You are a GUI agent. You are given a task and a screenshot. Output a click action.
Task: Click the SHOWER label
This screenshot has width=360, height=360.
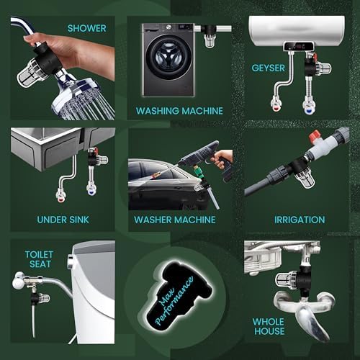(86, 28)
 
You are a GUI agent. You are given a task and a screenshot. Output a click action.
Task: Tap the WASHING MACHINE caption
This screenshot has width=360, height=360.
(179, 111)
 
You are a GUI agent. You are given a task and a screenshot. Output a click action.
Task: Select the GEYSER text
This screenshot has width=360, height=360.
(268, 68)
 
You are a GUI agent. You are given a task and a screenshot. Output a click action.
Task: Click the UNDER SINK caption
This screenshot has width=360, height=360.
(63, 220)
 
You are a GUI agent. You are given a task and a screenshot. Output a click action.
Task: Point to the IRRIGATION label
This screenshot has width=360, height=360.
(300, 220)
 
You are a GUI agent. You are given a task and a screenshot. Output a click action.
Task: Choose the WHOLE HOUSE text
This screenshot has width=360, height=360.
(269, 326)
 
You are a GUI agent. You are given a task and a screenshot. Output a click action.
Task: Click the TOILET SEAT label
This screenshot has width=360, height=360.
(39, 259)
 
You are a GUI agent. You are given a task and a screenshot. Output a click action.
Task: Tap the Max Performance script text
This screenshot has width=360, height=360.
(174, 301)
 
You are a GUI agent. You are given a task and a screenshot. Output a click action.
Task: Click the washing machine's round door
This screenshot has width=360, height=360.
(168, 58)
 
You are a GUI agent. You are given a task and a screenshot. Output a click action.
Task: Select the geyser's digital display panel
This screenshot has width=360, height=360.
(299, 46)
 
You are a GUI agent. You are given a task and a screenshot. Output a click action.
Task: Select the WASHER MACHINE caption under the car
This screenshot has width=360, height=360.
(175, 220)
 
